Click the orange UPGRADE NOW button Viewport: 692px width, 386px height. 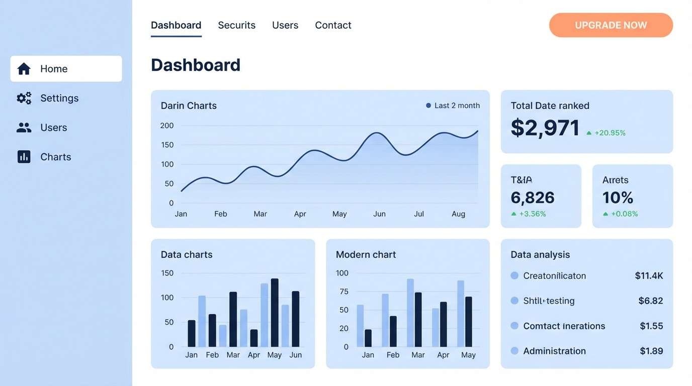click(x=611, y=25)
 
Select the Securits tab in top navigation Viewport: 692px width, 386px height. click(x=236, y=25)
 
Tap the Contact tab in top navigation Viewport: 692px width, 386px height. click(x=333, y=25)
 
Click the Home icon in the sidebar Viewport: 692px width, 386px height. click(x=24, y=69)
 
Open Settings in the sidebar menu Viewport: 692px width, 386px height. click(x=59, y=98)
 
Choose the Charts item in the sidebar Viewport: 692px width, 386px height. click(x=55, y=157)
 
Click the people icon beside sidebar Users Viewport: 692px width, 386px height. click(x=24, y=128)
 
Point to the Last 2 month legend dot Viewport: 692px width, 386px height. click(x=428, y=106)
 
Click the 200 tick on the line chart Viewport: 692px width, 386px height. click(x=167, y=126)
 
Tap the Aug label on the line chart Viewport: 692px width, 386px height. click(x=458, y=214)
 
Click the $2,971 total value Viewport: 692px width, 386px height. click(x=545, y=128)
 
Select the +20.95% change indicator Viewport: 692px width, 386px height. click(x=610, y=133)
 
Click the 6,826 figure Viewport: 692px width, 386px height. click(x=532, y=198)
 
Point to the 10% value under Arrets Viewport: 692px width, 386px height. click(x=618, y=198)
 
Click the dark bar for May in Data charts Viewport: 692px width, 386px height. click(x=275, y=313)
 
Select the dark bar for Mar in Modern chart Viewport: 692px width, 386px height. click(x=418, y=320)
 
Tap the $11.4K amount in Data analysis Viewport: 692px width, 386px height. click(x=649, y=275)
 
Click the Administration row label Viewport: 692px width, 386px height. click(x=554, y=351)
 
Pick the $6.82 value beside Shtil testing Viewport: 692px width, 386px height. click(x=650, y=301)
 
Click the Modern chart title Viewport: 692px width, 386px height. click(x=366, y=254)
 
